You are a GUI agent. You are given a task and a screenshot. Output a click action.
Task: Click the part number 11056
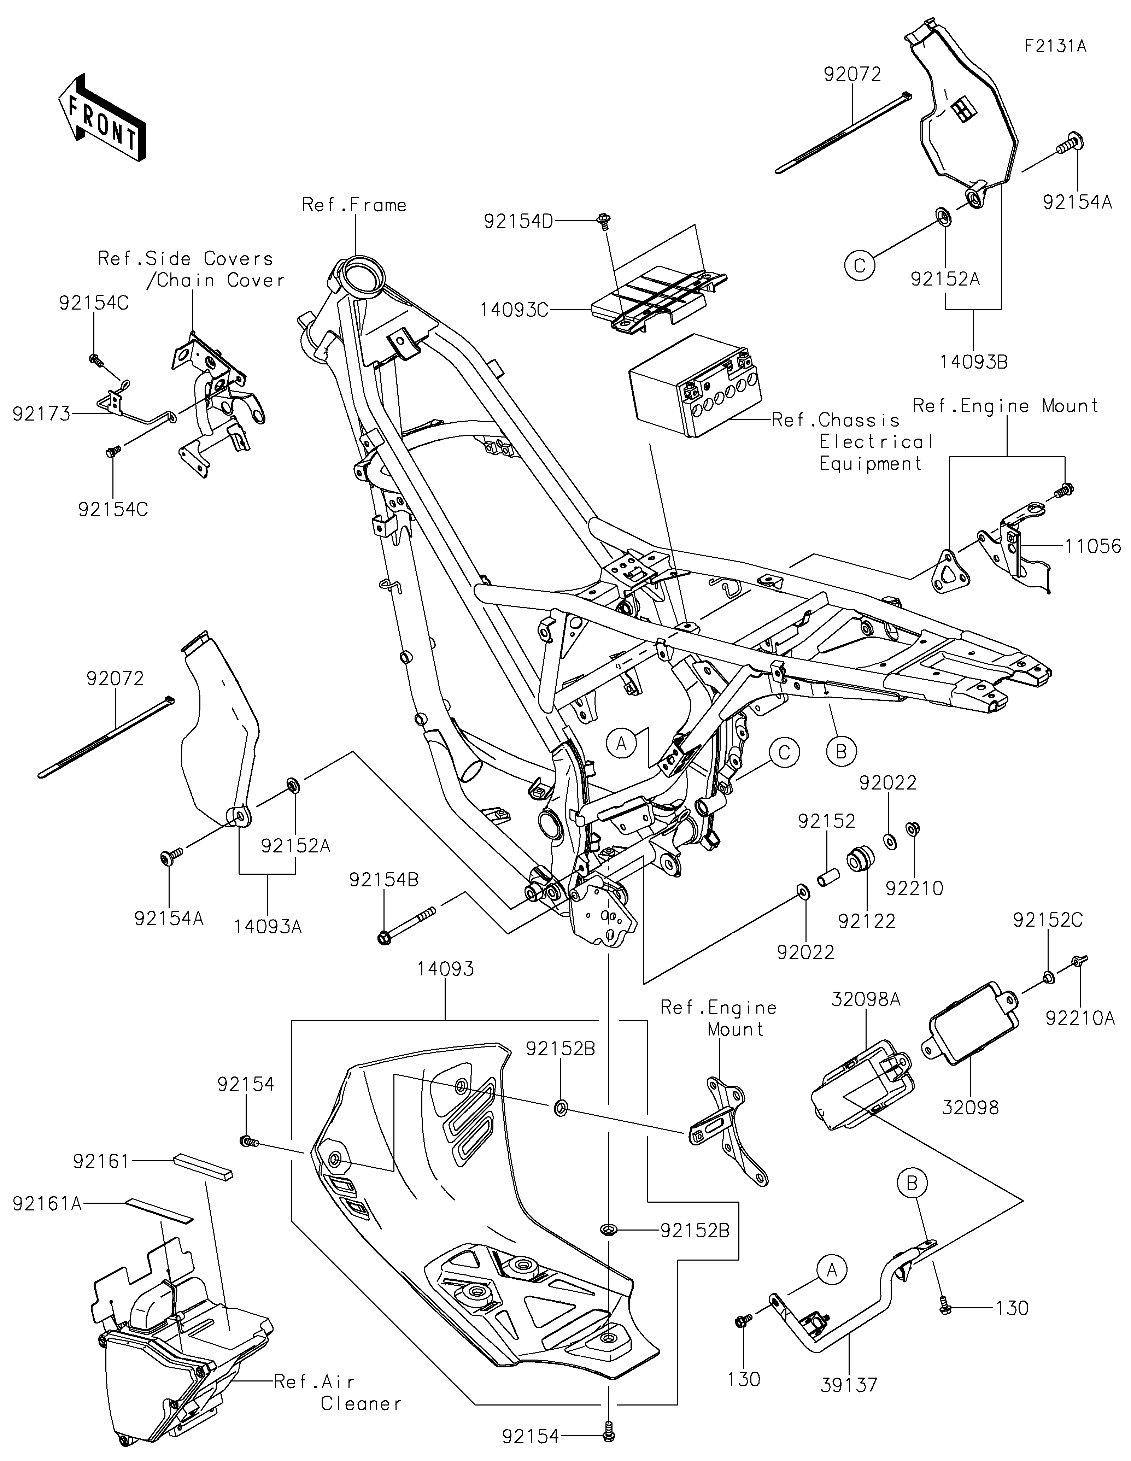[1093, 546]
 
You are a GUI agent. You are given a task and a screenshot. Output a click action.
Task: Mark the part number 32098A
[866, 1018]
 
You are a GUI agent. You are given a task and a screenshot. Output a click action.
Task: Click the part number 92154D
[518, 222]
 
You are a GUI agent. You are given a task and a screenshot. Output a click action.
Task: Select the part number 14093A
[268, 927]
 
